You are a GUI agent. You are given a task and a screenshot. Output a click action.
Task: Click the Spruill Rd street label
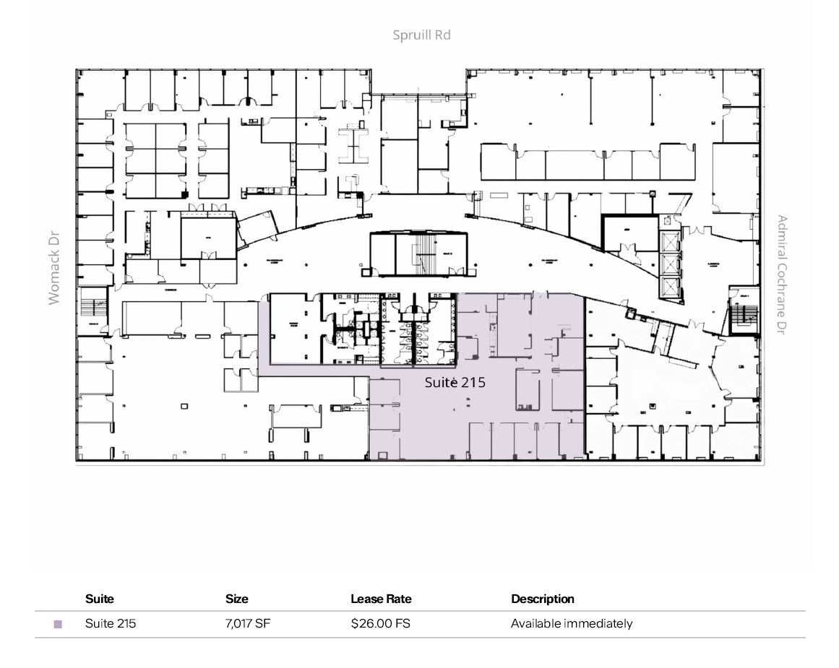coord(421,35)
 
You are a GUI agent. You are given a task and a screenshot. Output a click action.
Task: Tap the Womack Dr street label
coord(54,268)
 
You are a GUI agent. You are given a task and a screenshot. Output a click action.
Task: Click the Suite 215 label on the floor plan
coord(455,382)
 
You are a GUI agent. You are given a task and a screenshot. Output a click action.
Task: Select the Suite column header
coord(100,599)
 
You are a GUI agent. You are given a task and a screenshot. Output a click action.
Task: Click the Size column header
coord(236,599)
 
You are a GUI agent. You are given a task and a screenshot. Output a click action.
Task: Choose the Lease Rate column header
coord(381,599)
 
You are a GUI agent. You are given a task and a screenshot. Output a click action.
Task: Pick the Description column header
coord(542,599)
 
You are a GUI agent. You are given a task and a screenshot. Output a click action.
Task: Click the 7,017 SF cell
coord(247,623)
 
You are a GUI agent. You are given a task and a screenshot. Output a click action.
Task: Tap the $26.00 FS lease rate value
coord(380,623)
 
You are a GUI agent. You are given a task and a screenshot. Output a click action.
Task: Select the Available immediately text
coord(571,623)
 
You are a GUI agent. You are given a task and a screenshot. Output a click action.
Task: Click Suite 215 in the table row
coord(110,623)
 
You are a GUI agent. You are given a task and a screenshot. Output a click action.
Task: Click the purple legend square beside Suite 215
coord(58,624)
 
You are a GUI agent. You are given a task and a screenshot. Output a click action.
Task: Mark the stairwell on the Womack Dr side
coord(92,307)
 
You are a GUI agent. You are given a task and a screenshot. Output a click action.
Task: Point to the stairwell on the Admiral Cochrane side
coord(744,315)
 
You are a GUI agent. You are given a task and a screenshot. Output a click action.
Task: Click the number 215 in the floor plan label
coord(473,382)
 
